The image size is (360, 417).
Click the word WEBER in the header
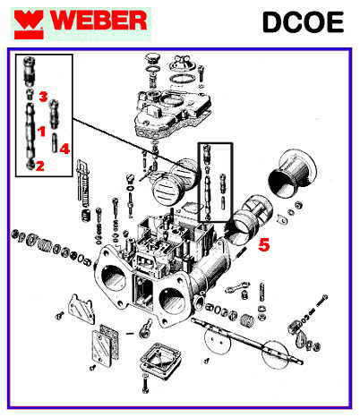99,21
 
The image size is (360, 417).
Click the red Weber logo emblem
29,25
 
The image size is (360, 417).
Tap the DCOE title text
303,22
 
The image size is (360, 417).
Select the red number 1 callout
41,131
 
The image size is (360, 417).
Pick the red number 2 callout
40,166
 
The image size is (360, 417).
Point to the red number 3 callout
44,97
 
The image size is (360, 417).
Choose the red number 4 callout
64,149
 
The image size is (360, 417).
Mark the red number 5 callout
264,244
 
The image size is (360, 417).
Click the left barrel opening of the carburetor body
114,278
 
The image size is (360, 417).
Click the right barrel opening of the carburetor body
172,301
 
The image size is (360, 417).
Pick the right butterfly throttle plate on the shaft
275,354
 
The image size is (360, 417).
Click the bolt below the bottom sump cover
145,386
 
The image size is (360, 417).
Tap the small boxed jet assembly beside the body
216,183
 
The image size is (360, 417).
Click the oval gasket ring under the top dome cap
183,80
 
